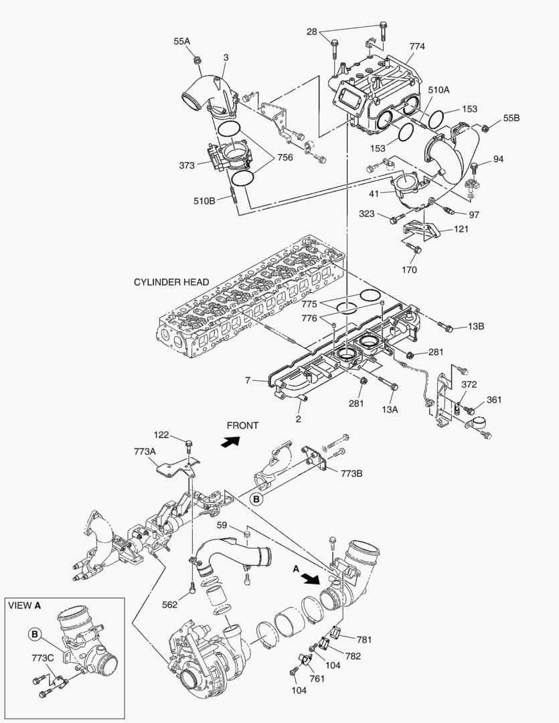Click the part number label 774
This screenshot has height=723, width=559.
[x=417, y=47]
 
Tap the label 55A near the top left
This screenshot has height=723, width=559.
[x=182, y=42]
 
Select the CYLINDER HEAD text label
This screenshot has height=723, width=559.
[x=171, y=283]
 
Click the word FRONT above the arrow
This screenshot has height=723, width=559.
[x=242, y=425]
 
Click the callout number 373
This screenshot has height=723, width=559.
[x=187, y=165]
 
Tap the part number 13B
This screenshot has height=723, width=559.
[x=476, y=327]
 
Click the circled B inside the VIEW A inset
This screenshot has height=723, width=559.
[x=35, y=633]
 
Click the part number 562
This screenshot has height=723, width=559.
[x=170, y=605]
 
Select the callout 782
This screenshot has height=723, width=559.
[x=353, y=656]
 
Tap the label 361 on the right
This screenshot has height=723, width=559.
[x=494, y=400]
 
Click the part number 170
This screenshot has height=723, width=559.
[x=409, y=270]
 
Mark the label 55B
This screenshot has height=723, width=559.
[x=511, y=118]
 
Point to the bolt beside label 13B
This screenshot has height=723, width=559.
[x=447, y=328]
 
